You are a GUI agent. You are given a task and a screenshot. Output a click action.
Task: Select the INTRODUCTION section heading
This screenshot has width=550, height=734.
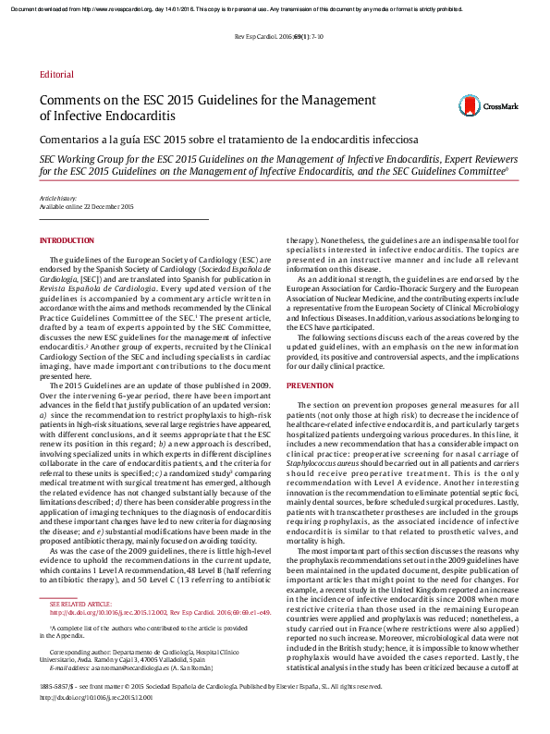67,240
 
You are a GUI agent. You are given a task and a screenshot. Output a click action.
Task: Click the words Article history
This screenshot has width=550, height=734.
58,199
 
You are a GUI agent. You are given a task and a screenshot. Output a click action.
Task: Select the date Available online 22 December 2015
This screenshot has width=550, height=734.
86,207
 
